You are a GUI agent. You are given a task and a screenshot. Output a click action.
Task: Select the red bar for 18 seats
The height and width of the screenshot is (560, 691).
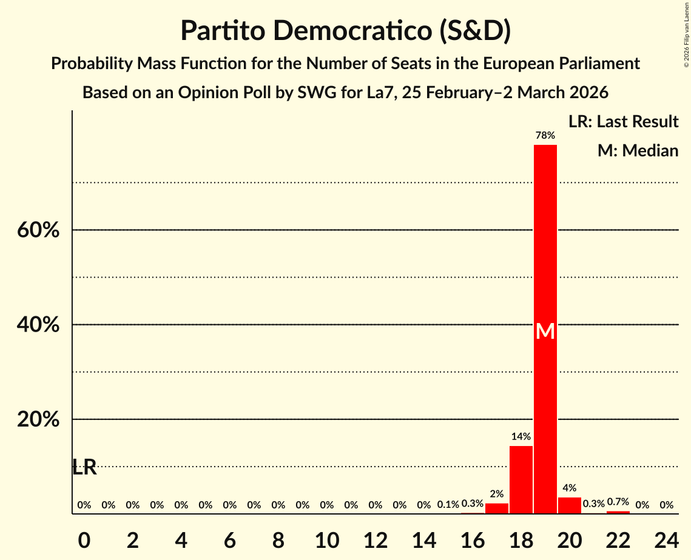point(521,480)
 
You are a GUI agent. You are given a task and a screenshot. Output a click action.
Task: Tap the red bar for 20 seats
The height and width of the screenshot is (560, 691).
point(570,505)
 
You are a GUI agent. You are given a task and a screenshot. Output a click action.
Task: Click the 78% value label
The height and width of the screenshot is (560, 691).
point(545,135)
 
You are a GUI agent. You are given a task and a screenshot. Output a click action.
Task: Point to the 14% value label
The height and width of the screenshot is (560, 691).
point(521,436)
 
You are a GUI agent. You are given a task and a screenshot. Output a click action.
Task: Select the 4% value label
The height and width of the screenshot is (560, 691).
point(570,488)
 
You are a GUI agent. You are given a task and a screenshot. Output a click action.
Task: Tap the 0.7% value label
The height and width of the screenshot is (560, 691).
point(618,502)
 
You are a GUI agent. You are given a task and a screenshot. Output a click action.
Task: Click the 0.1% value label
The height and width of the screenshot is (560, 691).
point(448,505)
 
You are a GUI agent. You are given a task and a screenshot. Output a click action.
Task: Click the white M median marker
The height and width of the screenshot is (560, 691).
point(545,331)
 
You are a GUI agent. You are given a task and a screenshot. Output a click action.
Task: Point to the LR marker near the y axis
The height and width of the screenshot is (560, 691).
point(84,467)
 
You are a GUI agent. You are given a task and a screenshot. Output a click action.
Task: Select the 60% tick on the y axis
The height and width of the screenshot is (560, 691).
point(38,230)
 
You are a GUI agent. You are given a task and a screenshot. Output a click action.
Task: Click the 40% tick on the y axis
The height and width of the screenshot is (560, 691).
point(38,325)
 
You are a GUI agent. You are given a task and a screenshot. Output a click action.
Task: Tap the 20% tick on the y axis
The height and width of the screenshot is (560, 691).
point(38,419)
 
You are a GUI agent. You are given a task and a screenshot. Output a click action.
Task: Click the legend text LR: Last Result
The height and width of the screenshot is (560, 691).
point(623,122)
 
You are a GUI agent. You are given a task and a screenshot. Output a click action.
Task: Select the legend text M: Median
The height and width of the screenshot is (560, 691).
point(638,150)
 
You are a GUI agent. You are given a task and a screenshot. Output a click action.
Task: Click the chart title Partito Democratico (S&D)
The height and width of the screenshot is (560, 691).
point(345,31)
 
